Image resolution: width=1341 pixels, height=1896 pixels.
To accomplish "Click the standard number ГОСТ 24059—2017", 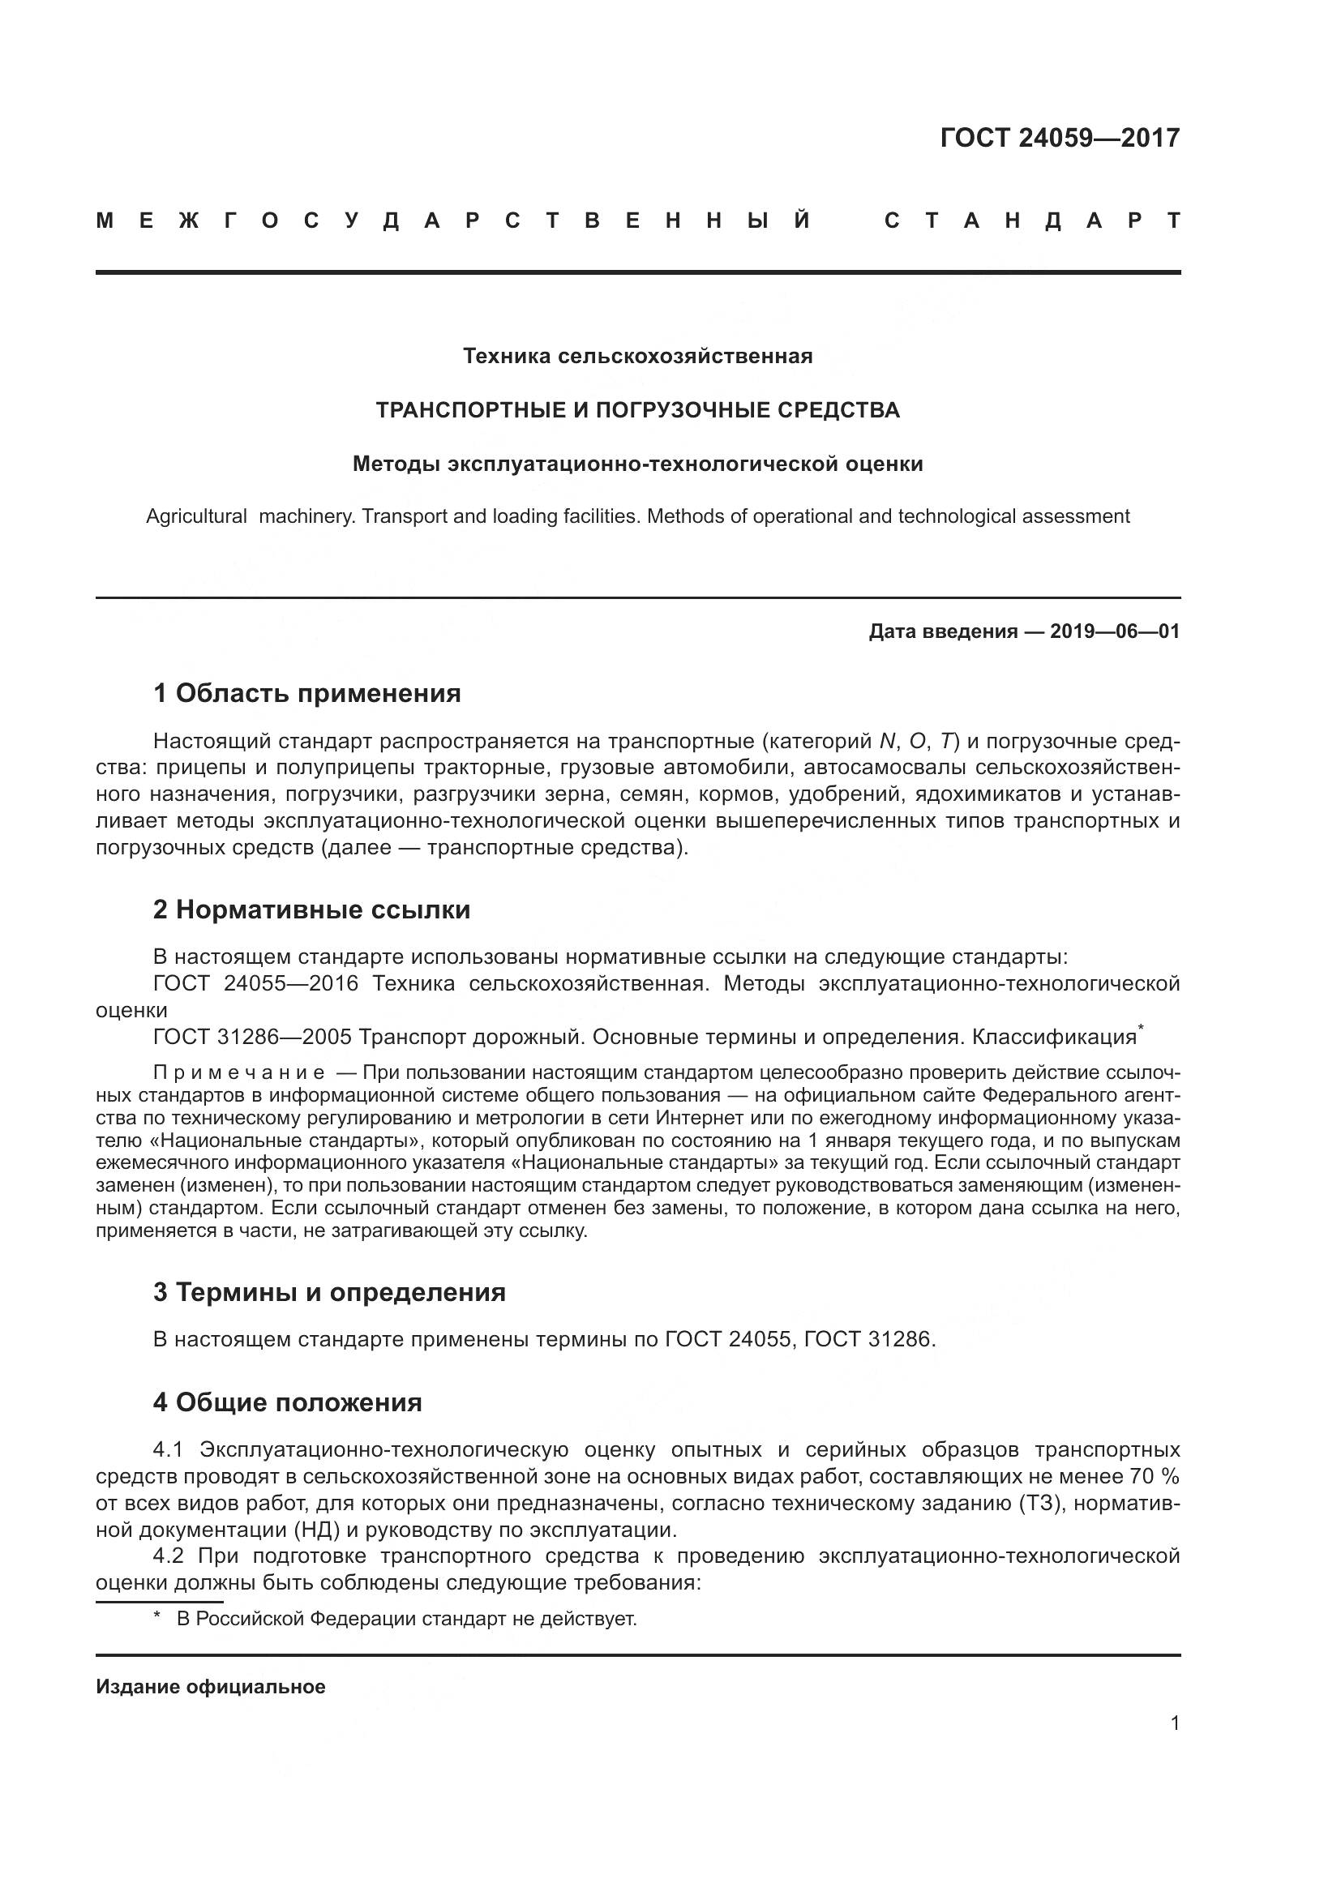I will pos(1060,138).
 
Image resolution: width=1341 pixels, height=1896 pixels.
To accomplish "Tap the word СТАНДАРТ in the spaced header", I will pos(1032,221).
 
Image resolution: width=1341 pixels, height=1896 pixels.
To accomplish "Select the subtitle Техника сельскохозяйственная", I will pos(637,357).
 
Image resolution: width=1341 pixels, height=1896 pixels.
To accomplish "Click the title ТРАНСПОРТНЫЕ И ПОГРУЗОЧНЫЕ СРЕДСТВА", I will pos(637,410).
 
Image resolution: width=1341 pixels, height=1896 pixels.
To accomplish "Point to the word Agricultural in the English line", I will pos(196,517).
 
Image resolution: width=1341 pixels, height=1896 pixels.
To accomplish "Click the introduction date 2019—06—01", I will pos(1115,631).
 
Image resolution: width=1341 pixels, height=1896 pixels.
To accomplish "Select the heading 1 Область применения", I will pos(306,694).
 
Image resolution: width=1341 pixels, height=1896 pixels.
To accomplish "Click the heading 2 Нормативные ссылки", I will pos(311,910).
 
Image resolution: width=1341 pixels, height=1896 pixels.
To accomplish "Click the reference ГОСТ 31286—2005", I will pos(252,1038).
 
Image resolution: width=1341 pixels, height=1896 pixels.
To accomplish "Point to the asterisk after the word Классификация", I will pos(1141,1028).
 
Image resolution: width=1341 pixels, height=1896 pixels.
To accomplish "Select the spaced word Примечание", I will pos(238,1073).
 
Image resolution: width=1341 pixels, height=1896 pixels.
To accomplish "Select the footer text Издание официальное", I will pos(211,1687).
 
